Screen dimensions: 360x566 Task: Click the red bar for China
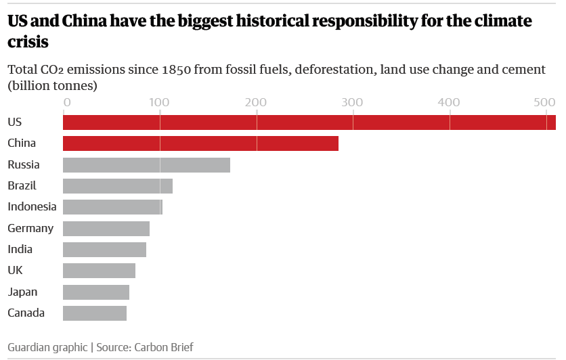(200, 143)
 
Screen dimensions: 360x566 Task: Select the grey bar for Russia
(146, 165)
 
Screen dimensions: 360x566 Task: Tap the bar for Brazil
(118, 186)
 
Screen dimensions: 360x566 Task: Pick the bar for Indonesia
(112, 207)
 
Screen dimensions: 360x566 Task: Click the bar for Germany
(106, 229)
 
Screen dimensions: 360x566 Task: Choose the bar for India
(104, 250)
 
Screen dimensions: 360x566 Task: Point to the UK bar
(99, 271)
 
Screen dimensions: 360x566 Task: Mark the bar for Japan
(96, 292)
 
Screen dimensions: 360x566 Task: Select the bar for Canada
(95, 313)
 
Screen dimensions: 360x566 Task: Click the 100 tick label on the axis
(159, 103)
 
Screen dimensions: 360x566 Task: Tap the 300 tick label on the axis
(352, 103)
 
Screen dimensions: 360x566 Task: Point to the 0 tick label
(66, 103)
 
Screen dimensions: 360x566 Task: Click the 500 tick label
(544, 103)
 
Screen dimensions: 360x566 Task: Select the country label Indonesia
(32, 207)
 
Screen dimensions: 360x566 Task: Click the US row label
(15, 122)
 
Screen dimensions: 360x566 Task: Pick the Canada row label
(26, 313)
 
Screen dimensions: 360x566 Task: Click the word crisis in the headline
(28, 42)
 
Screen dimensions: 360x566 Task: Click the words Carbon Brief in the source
(164, 347)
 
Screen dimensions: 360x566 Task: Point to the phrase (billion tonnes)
(52, 86)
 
